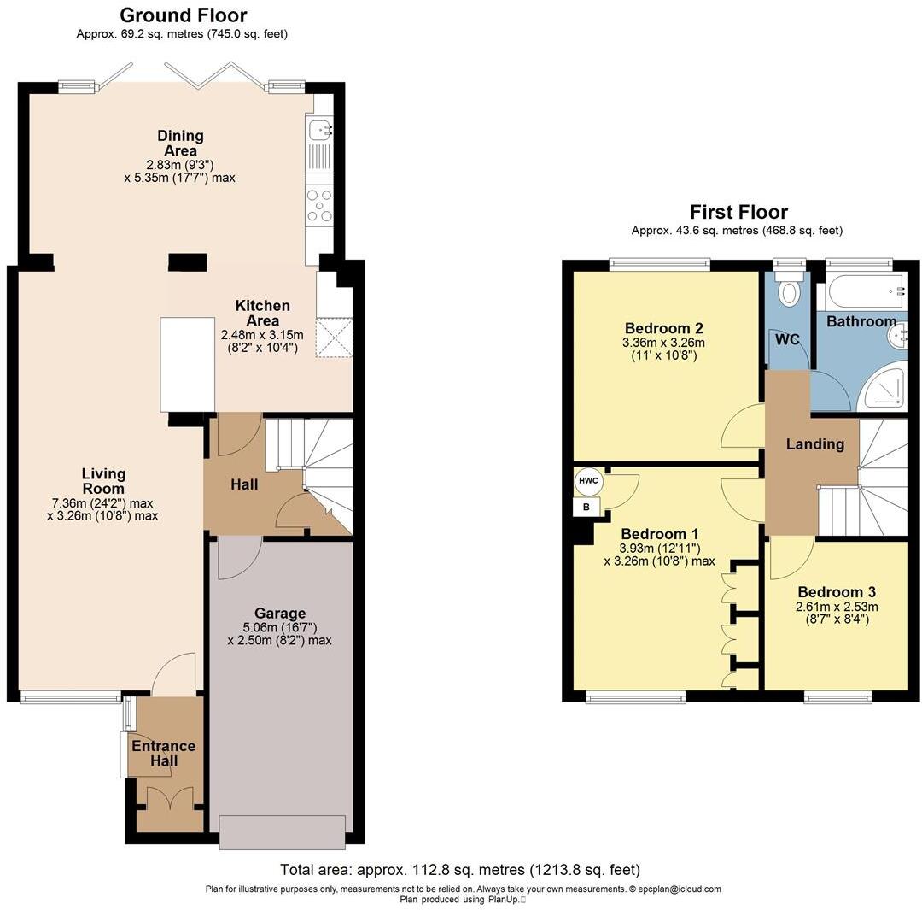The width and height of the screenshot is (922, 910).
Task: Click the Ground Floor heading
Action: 183,15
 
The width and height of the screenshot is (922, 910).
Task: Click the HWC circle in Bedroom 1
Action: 588,481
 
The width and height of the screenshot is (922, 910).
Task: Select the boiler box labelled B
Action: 586,507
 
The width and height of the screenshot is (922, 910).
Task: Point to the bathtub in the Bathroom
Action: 862,292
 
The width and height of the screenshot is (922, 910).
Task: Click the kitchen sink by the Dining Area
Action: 320,130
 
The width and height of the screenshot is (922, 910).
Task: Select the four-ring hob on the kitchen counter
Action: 319,206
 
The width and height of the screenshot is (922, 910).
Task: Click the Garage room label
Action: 279,613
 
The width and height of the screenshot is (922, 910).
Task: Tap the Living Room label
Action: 103,481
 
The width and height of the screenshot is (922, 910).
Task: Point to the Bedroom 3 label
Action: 836,592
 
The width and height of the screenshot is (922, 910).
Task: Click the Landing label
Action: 814,444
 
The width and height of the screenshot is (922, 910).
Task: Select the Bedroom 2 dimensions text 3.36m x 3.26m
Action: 665,343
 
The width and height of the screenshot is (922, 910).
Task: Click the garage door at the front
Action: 283,832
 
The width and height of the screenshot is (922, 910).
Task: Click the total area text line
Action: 460,870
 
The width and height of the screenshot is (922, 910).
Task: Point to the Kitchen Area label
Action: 262,313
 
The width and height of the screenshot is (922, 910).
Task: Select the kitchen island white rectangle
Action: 187,364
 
